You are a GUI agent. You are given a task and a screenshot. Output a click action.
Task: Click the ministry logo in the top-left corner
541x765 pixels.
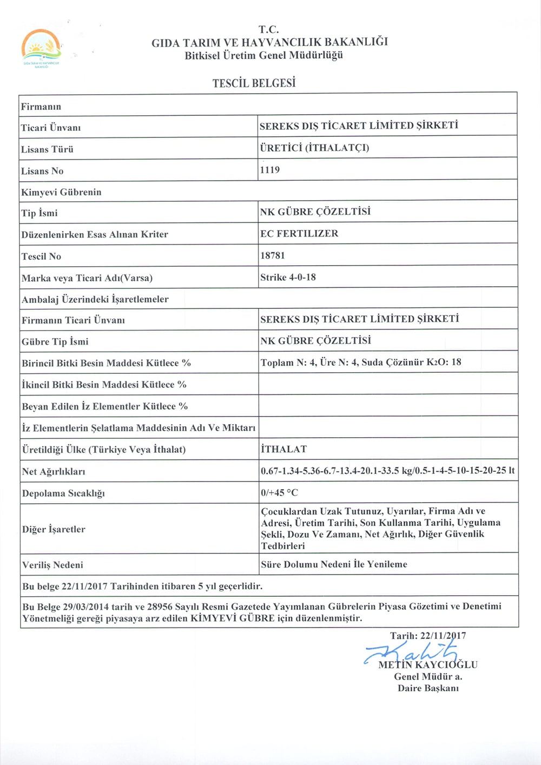40,48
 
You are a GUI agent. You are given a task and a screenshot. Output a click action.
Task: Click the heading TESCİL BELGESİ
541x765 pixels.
254,83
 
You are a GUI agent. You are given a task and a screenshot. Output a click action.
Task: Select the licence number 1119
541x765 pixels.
270,170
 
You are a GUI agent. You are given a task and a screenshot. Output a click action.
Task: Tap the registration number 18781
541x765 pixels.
272,255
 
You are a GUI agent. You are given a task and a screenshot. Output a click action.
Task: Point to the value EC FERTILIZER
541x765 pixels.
299,234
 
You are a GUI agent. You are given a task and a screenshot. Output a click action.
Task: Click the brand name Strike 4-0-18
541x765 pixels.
288,277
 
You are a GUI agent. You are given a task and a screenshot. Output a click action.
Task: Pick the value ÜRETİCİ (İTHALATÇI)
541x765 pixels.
314,148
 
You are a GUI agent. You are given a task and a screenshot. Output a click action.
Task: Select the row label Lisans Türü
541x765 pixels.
47,149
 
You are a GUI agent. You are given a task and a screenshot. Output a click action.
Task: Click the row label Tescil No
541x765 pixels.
41,256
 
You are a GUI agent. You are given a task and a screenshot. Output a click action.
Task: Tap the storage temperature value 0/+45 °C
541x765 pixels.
279,493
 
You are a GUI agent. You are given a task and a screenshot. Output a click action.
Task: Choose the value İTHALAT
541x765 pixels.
283,449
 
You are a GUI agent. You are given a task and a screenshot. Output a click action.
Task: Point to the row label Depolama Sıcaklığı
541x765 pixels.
63,493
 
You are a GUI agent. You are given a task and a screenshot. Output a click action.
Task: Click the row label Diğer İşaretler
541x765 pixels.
54,529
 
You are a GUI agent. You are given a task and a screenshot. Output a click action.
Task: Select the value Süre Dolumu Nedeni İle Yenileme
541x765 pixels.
334,564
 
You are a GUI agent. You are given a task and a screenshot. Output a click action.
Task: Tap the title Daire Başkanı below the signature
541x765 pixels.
428,688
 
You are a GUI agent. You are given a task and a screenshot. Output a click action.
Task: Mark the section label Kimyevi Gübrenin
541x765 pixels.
61,192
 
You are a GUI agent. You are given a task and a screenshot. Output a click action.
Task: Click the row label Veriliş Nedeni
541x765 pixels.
52,565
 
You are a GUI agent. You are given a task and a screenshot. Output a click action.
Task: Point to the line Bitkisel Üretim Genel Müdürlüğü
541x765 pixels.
263,55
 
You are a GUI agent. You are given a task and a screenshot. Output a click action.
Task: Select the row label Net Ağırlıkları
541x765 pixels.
54,471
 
